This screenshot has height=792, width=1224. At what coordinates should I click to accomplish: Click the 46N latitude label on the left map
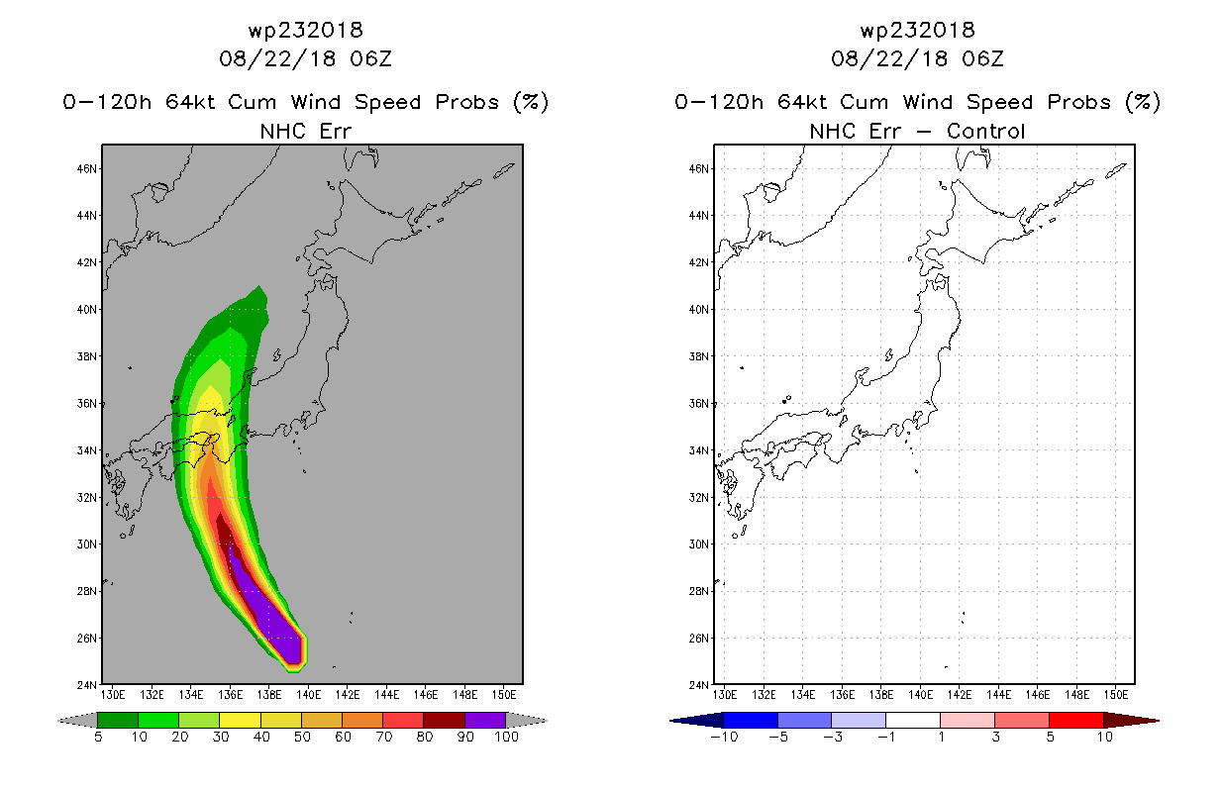coord(87,168)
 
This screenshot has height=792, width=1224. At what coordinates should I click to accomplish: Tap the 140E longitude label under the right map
coord(920,695)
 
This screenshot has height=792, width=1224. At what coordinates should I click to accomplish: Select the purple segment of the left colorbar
coord(485,720)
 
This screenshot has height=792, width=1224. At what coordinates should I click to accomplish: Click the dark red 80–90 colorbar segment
coord(445,720)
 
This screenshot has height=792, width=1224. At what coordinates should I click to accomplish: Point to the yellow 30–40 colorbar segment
coord(240,720)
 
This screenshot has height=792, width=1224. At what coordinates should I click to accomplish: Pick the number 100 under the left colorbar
coord(507,737)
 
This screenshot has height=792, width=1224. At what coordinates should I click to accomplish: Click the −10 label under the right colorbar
coord(724,737)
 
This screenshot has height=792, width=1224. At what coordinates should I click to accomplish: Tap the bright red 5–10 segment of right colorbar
coord(1076,720)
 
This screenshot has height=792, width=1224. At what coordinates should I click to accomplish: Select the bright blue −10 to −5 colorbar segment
coord(751,720)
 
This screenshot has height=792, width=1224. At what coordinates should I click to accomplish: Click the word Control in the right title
coord(985,131)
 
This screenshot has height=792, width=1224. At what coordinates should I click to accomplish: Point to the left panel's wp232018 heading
coord(305,30)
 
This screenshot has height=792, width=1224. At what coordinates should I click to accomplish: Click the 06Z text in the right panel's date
coord(982,58)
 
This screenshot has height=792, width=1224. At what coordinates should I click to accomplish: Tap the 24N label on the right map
coord(699,685)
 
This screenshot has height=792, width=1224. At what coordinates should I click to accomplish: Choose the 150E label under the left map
coord(504,695)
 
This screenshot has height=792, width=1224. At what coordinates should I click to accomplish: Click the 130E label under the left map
coord(113,695)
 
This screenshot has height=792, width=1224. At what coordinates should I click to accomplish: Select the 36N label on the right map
coord(699,404)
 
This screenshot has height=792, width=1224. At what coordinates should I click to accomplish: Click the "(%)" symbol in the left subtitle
coord(531,102)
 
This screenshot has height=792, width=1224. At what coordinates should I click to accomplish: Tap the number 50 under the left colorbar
coord(302,737)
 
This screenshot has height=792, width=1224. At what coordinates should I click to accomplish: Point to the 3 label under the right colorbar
coord(995,737)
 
